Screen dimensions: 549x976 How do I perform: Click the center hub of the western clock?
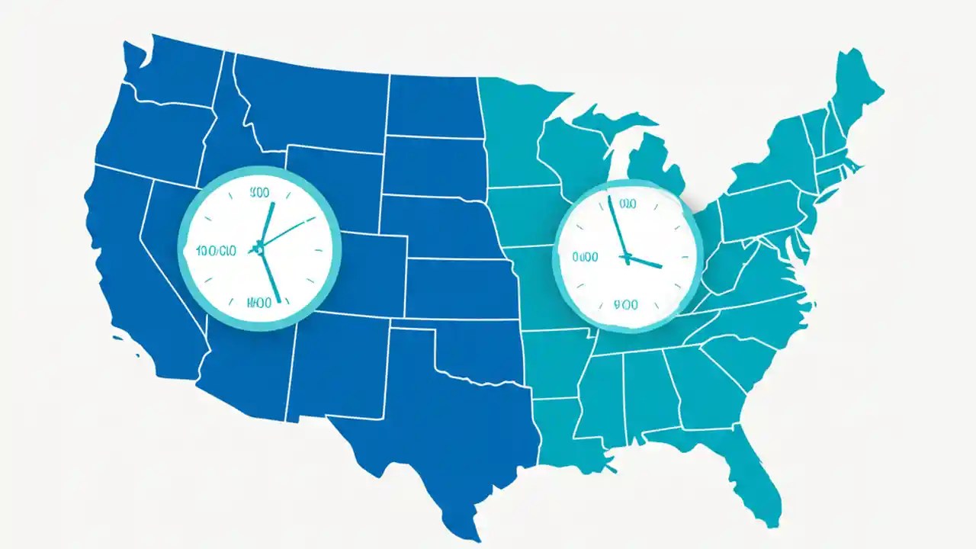(x=259, y=248)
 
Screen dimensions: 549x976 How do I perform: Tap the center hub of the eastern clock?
(x=627, y=257)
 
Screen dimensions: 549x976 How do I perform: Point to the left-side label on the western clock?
(x=217, y=250)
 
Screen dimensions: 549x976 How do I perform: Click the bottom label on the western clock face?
(x=259, y=303)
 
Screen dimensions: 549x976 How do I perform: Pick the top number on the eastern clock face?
(x=627, y=204)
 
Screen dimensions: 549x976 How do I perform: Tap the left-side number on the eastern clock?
(x=585, y=258)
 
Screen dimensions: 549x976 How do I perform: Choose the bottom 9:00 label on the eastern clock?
(x=625, y=305)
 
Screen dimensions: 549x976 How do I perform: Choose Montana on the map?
(x=313, y=99)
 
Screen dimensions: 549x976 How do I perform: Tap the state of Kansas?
(x=457, y=287)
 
